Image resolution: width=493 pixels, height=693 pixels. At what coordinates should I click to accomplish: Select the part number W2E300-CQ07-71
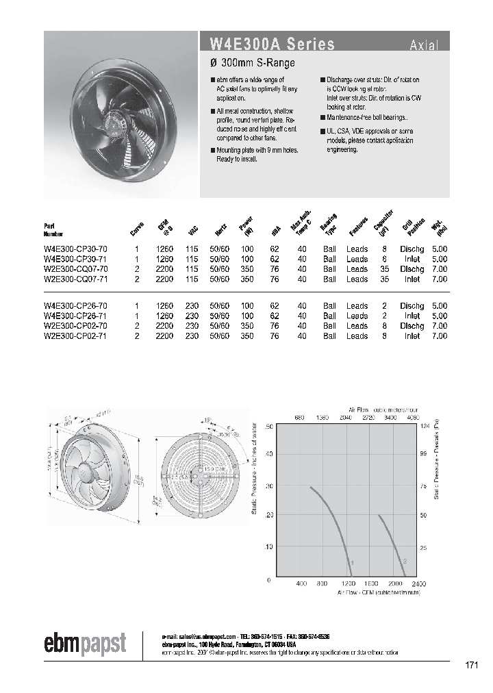click(75, 279)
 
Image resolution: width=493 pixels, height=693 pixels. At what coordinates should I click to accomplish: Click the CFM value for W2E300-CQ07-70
click(166, 269)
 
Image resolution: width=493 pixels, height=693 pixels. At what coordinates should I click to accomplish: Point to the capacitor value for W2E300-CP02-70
click(384, 326)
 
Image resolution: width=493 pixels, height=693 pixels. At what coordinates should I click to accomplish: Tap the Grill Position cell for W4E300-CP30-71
click(412, 260)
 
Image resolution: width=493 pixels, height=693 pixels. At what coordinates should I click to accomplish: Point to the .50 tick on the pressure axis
click(269, 427)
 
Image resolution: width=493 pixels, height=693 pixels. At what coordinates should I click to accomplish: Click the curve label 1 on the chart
click(352, 563)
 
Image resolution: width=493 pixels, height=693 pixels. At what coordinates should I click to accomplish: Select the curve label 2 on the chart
click(405, 562)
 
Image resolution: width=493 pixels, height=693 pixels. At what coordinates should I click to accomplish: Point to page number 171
click(471, 665)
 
